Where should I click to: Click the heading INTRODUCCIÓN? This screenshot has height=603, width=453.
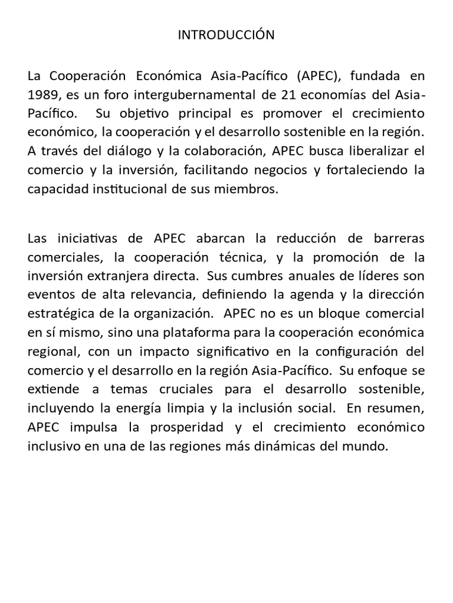(226, 35)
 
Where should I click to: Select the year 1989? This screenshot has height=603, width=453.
(42, 95)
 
